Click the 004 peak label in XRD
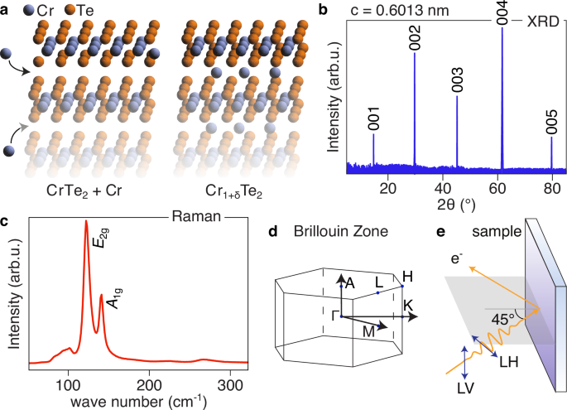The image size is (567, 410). coord(502,14)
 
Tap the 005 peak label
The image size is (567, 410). coord(551,118)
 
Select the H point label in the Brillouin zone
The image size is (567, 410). coord(406,275)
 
